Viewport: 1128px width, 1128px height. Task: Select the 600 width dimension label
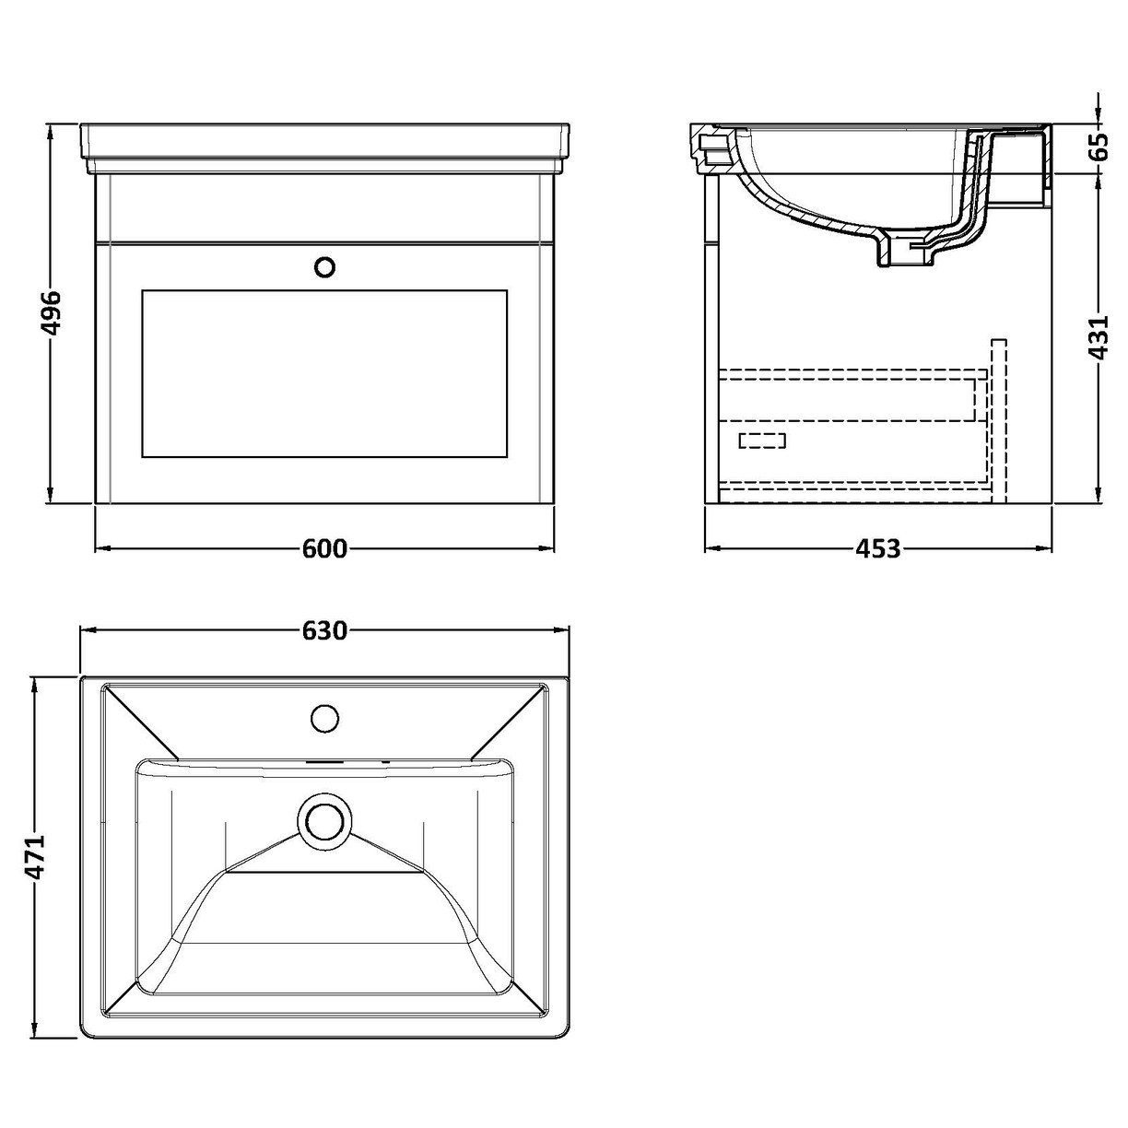(324, 549)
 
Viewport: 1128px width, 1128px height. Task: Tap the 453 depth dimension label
(877, 549)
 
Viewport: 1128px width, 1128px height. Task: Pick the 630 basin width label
(324, 630)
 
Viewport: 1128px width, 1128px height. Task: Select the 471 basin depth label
(36, 859)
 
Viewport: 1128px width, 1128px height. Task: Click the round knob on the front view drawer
(324, 267)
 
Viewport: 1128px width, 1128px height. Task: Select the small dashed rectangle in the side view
(762, 441)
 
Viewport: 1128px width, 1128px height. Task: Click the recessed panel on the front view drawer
(324, 373)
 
